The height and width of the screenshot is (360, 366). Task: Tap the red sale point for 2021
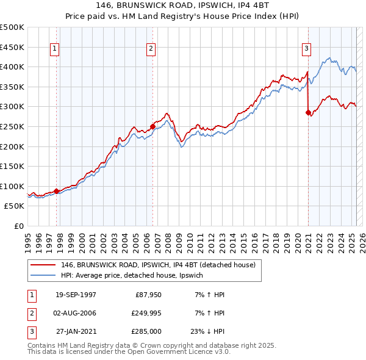click(308, 112)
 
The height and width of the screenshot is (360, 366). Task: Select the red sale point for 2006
click(152, 126)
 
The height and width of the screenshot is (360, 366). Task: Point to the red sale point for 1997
click(57, 191)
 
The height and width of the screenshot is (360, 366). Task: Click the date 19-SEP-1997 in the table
click(76, 295)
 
